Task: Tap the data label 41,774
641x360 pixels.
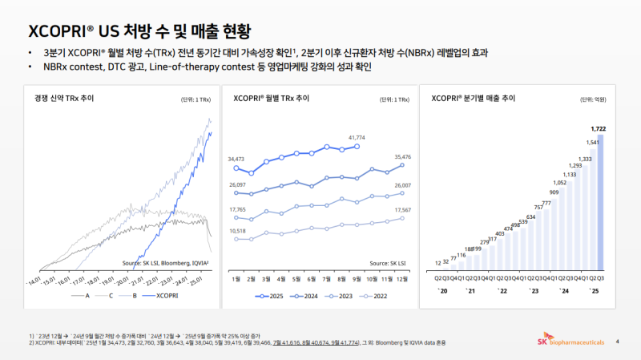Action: pos(357,138)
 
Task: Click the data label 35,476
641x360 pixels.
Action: pos(398,156)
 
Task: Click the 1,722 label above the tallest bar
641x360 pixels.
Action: pos(598,127)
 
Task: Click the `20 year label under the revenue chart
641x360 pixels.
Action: pos(443,290)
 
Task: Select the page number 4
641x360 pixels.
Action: pos(617,342)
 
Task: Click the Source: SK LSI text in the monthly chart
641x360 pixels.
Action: pos(384,263)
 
